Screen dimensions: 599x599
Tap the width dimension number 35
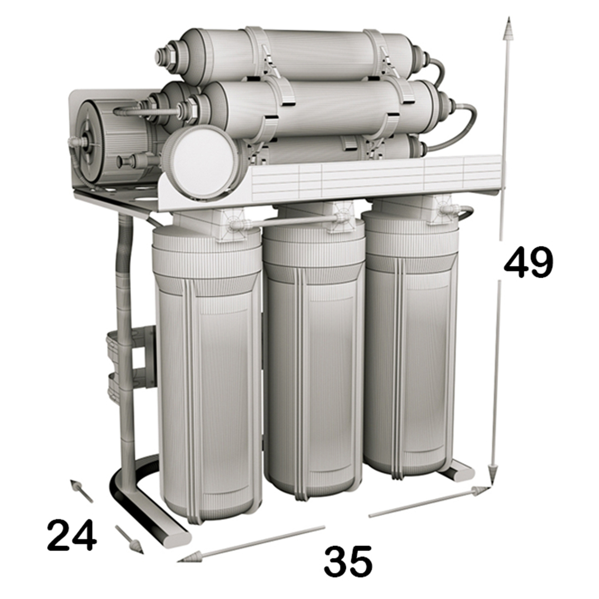pos(348,556)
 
